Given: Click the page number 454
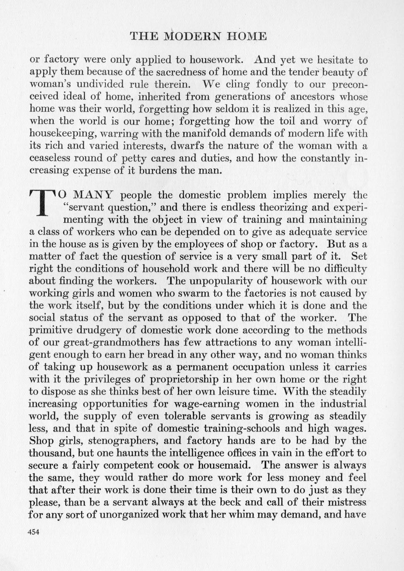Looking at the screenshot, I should [x=33, y=533].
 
